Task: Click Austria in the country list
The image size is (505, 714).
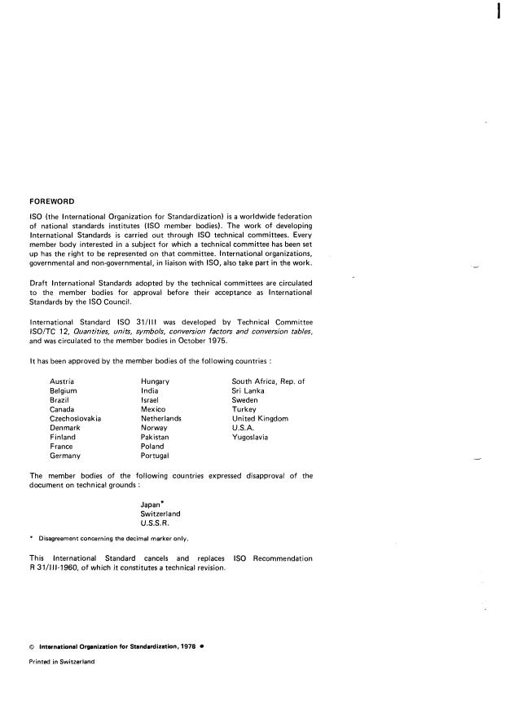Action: click(62, 381)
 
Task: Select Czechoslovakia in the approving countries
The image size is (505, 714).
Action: click(75, 418)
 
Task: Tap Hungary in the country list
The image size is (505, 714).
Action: click(155, 381)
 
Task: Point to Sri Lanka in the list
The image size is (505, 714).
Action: click(249, 391)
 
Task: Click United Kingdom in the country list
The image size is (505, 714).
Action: click(260, 418)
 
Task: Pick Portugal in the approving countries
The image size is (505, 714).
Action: click(155, 456)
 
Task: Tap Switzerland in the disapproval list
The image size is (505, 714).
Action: click(160, 514)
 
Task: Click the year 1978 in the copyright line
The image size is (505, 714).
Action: click(182, 646)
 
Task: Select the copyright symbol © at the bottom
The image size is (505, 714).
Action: click(32, 646)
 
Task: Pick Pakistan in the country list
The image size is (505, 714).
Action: click(155, 437)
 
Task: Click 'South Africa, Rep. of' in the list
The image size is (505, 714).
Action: click(268, 381)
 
